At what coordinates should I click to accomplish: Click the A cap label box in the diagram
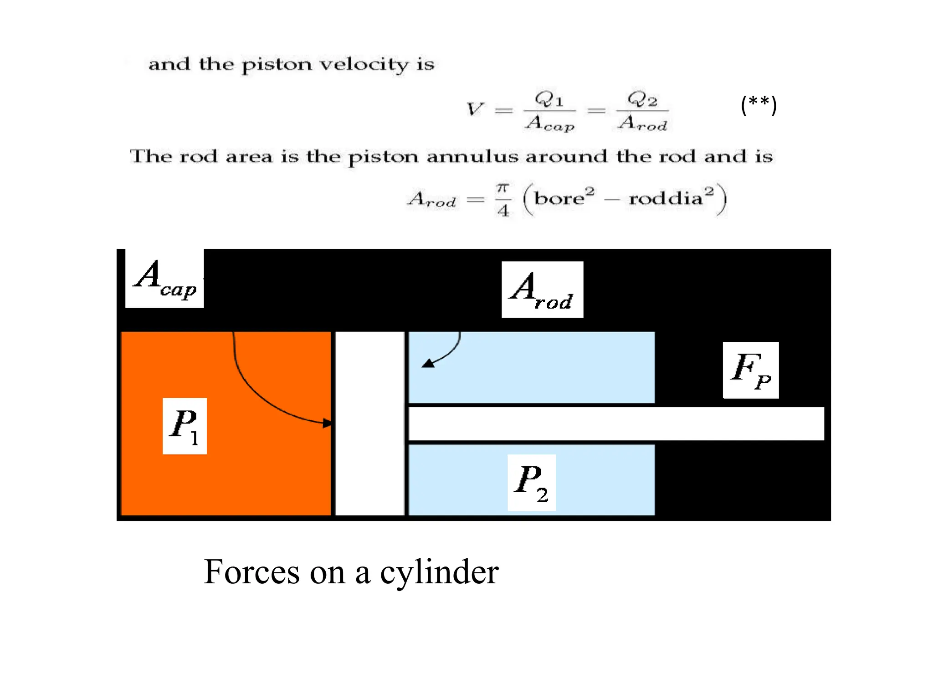(x=164, y=278)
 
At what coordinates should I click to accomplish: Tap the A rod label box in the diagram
(x=542, y=290)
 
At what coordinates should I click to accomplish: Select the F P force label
(x=751, y=371)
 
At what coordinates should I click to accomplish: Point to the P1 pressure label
(x=185, y=426)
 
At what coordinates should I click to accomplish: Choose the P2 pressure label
(x=532, y=483)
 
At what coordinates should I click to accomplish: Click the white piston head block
(x=370, y=424)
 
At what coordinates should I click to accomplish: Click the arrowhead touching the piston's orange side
(x=328, y=423)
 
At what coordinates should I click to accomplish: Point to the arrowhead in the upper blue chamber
(x=428, y=363)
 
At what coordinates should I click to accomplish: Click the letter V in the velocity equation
(x=475, y=109)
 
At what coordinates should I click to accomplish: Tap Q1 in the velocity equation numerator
(x=549, y=99)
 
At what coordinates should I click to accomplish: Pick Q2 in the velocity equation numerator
(x=642, y=99)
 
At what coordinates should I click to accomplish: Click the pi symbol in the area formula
(x=502, y=188)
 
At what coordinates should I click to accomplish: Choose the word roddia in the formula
(x=666, y=198)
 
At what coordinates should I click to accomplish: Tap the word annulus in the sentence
(x=472, y=157)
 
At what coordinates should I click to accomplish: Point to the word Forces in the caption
(x=251, y=572)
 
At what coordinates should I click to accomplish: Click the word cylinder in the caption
(x=439, y=573)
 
